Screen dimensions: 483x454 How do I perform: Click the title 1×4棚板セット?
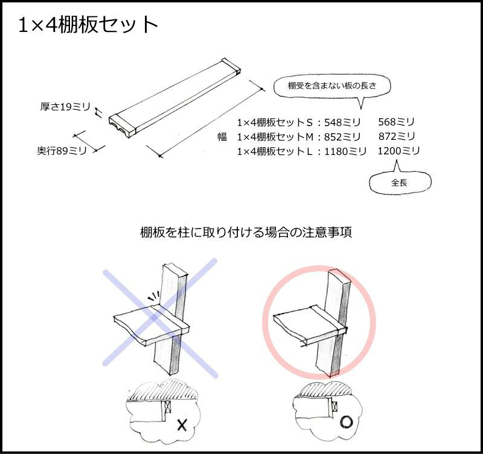pyautogui.click(x=88, y=25)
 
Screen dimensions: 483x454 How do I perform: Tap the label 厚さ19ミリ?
pyautogui.click(x=65, y=107)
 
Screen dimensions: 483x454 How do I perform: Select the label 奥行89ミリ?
pyautogui.click(x=62, y=151)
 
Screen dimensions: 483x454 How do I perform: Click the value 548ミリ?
pyautogui.click(x=342, y=123)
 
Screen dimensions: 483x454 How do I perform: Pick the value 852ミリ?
pyautogui.click(x=342, y=137)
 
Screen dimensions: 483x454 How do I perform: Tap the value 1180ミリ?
pyautogui.click(x=345, y=151)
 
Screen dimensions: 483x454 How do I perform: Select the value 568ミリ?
pyautogui.click(x=397, y=122)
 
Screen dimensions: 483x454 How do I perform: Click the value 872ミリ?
pyautogui.click(x=397, y=136)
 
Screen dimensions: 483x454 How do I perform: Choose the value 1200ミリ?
pyautogui.click(x=399, y=151)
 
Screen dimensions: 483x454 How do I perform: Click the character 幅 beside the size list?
pyautogui.click(x=222, y=137)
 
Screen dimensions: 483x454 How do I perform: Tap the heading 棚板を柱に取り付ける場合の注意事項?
pyautogui.click(x=246, y=232)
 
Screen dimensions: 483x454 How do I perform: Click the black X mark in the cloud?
pyautogui.click(x=182, y=425)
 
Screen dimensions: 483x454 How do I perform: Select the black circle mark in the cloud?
pyautogui.click(x=346, y=422)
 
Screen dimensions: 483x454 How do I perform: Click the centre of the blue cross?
pyautogui.click(x=160, y=318)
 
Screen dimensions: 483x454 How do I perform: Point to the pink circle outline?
pyautogui.click(x=264, y=322)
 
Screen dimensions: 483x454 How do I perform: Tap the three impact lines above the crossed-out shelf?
pyautogui.click(x=153, y=295)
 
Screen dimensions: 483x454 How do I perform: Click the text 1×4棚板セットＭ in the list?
pyautogui.click(x=275, y=137)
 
